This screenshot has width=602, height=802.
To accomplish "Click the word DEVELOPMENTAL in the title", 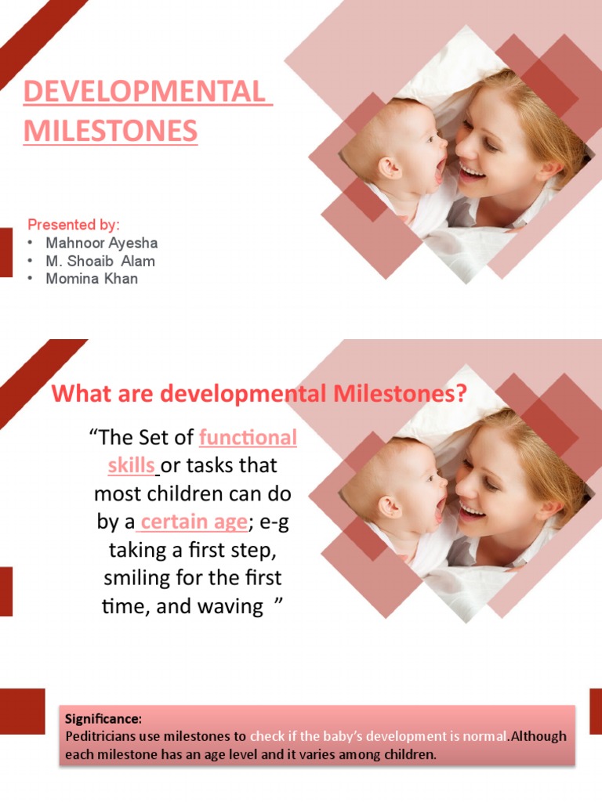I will (147, 92).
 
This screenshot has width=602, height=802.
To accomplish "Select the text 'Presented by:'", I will (74, 225).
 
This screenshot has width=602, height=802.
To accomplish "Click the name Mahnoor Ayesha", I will (102, 243).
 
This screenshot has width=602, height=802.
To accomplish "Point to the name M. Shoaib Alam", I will (100, 261).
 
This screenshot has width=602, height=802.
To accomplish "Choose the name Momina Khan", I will (92, 279).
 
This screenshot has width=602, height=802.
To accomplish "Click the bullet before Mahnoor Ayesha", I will (30, 243).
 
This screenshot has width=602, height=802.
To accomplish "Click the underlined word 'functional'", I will (248, 437).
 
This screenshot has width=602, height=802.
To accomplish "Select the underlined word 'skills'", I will (131, 465).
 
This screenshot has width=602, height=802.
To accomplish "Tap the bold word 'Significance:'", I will (103, 718).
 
